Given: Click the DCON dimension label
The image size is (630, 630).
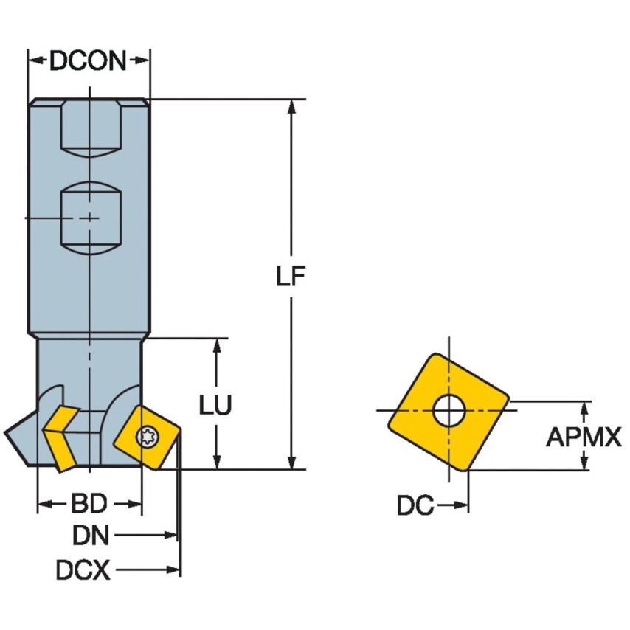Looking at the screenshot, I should coord(89,61).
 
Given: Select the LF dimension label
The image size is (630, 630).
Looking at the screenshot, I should coord(291,277).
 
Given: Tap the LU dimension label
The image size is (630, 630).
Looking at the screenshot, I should coord(216,404).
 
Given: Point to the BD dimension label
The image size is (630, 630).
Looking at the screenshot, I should coord(89,505).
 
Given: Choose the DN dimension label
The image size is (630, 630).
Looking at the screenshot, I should coord(91,534).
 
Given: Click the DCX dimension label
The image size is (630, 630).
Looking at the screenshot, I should coord(83,570).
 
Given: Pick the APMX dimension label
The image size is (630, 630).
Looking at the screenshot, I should coord(584,437).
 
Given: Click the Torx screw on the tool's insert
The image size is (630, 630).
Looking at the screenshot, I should coord(148,437).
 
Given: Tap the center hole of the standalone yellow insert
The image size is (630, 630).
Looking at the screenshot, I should coord(449,411).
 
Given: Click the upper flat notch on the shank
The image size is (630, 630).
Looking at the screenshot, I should coord(89,127).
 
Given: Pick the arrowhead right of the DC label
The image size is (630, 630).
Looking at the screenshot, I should coord(462,506).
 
